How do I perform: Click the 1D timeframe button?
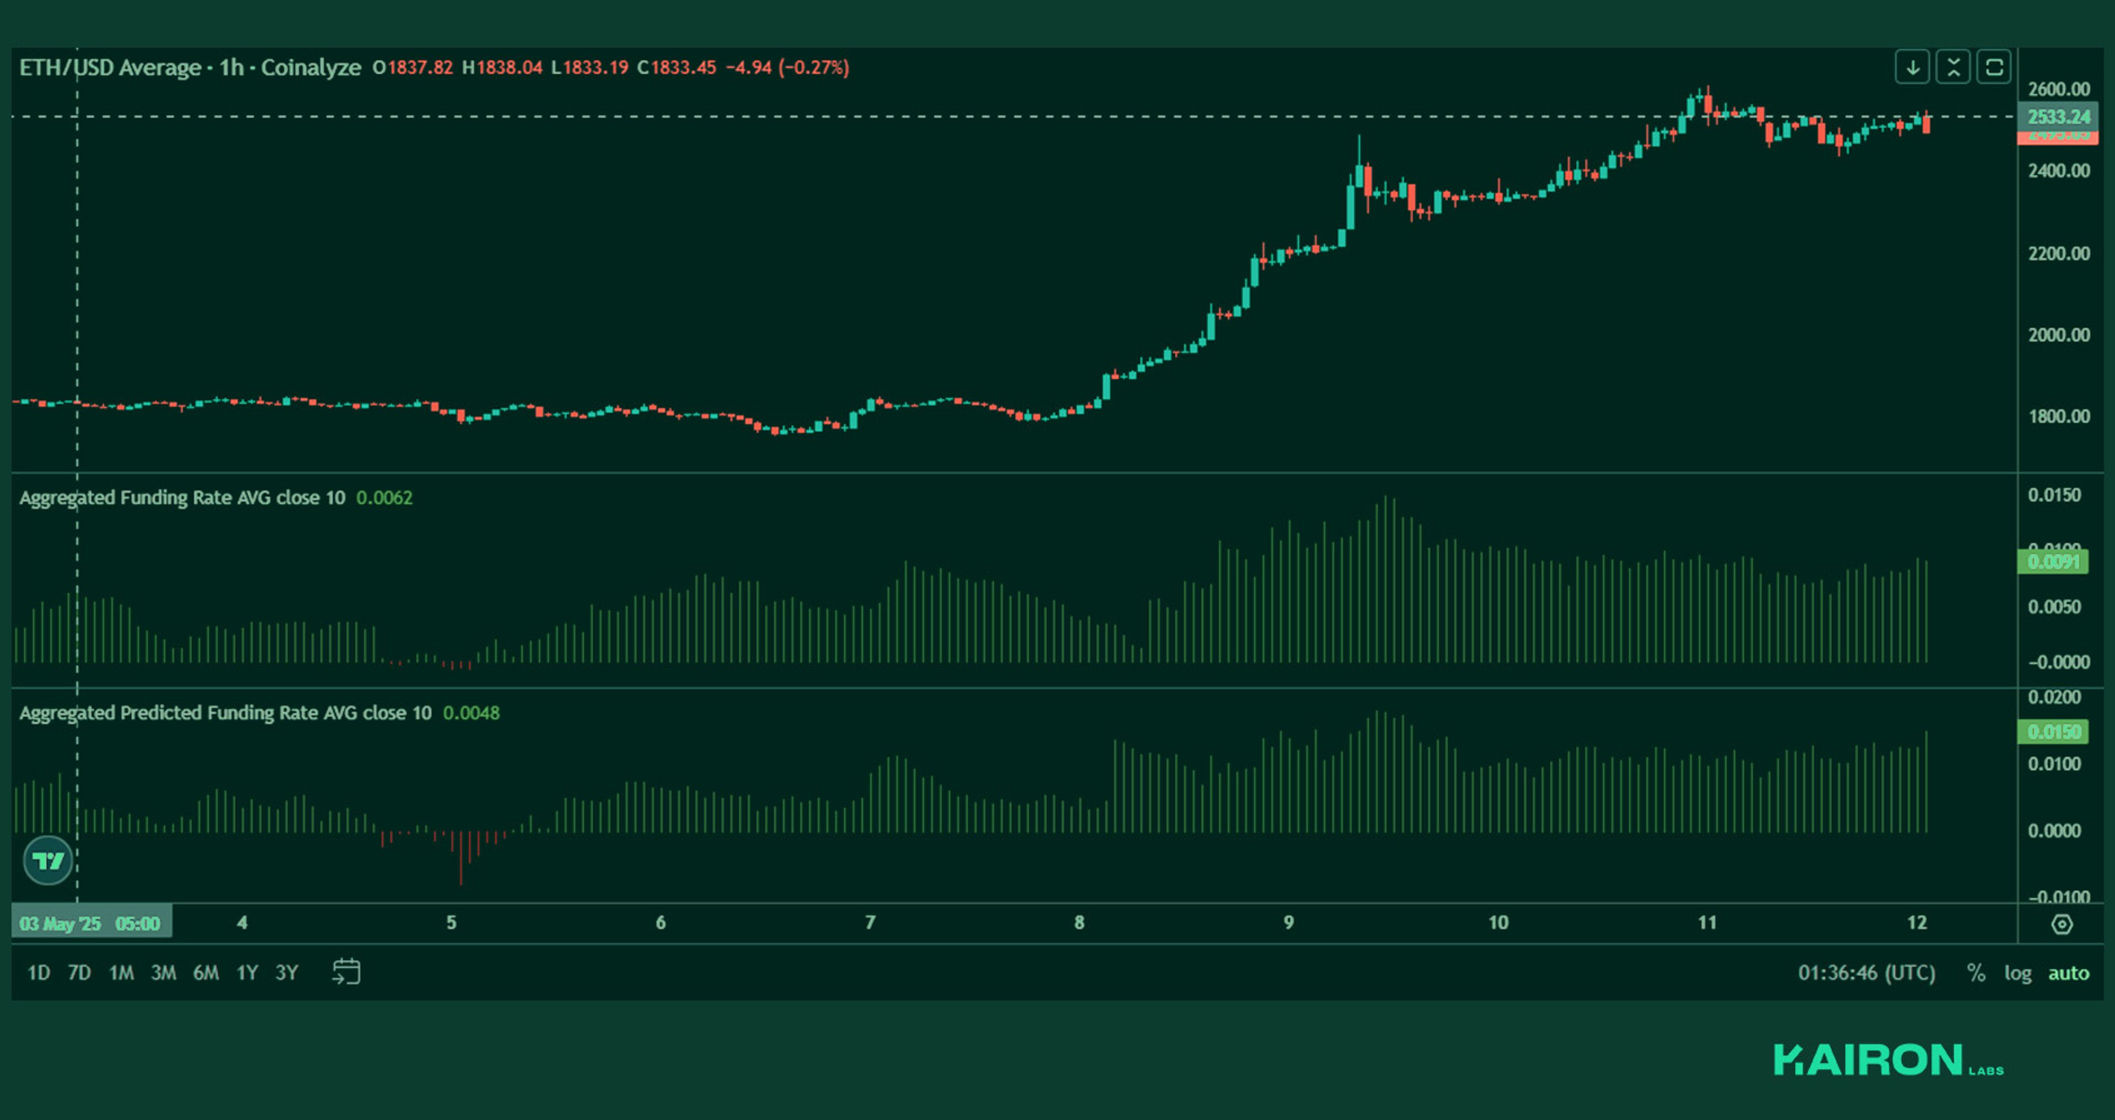coord(39,973)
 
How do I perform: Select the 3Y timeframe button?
coord(286,973)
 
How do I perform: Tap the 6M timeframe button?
coord(205,973)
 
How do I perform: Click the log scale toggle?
coord(2018,973)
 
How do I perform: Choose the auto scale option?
coord(2068,973)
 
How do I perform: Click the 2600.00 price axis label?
coord(2058,89)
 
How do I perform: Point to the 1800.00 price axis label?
coord(2058,416)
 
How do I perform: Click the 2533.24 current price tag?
coord(2058,117)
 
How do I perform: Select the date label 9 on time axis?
coord(1288,923)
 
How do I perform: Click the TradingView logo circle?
coord(47,861)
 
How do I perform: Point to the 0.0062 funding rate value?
coord(384,497)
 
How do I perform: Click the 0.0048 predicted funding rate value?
coord(471,713)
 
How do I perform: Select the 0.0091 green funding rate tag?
coord(2053,561)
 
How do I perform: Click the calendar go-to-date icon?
coord(346,972)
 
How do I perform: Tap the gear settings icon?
coord(2062,924)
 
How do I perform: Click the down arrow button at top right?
coord(1912,67)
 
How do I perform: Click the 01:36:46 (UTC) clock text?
coord(1866,973)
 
